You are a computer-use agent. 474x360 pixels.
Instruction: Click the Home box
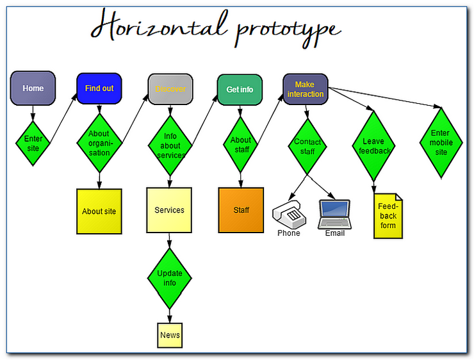[33, 88]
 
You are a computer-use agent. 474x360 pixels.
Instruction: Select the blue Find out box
[99, 88]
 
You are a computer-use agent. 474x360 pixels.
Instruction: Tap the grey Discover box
[170, 89]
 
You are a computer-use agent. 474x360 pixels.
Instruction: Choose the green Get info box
[240, 89]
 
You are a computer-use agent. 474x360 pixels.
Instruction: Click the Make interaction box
[306, 89]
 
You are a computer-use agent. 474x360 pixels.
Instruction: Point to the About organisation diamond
[99, 143]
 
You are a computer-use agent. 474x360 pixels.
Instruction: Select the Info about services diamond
[170, 145]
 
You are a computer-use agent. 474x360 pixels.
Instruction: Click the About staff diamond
[241, 144]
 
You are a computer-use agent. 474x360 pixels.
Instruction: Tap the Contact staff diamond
[307, 145]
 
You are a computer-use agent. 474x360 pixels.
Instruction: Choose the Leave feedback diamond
[373, 145]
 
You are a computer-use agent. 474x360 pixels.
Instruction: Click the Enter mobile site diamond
[441, 143]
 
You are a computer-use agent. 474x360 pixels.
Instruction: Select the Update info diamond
[170, 278]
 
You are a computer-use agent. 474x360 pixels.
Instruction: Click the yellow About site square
[99, 211]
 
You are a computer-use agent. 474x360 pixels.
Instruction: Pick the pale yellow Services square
[169, 210]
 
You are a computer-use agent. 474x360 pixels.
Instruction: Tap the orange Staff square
[241, 209]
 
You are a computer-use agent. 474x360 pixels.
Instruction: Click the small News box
[170, 335]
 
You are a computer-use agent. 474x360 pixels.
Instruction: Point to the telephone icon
[288, 213]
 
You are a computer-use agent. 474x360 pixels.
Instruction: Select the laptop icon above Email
[334, 213]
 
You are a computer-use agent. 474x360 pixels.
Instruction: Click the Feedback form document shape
[388, 216]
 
